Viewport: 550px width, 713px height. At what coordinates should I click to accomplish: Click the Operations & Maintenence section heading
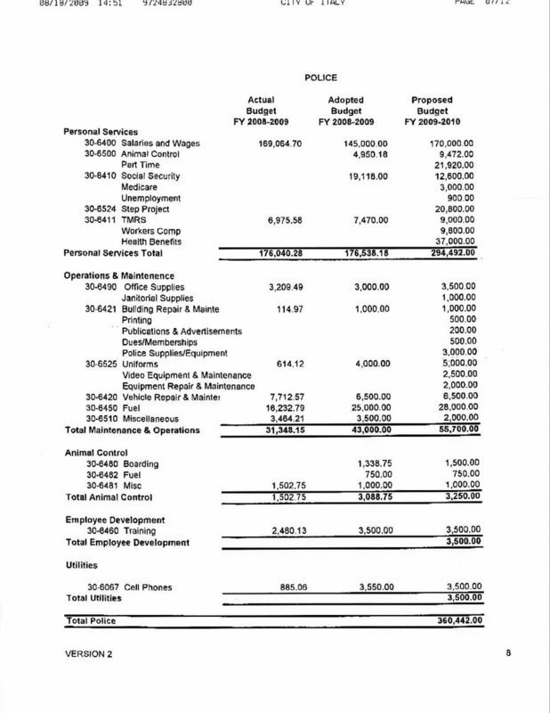click(x=118, y=275)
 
